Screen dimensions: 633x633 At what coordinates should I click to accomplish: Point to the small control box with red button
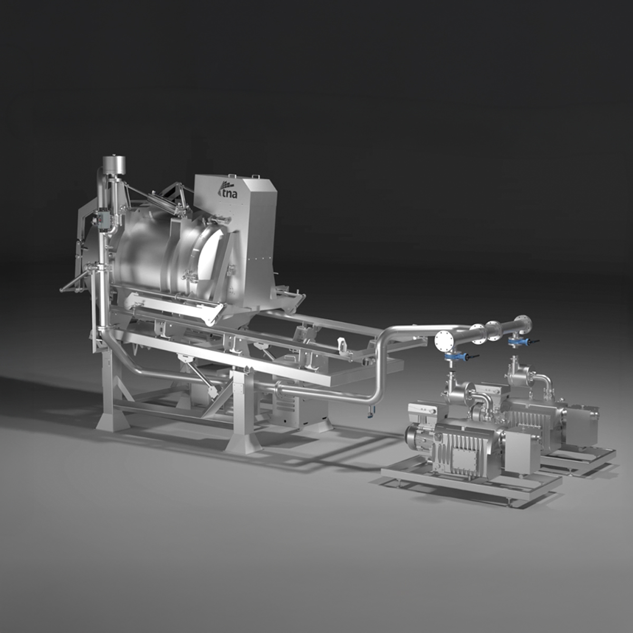101,218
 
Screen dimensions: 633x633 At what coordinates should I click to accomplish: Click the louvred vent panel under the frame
285,401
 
